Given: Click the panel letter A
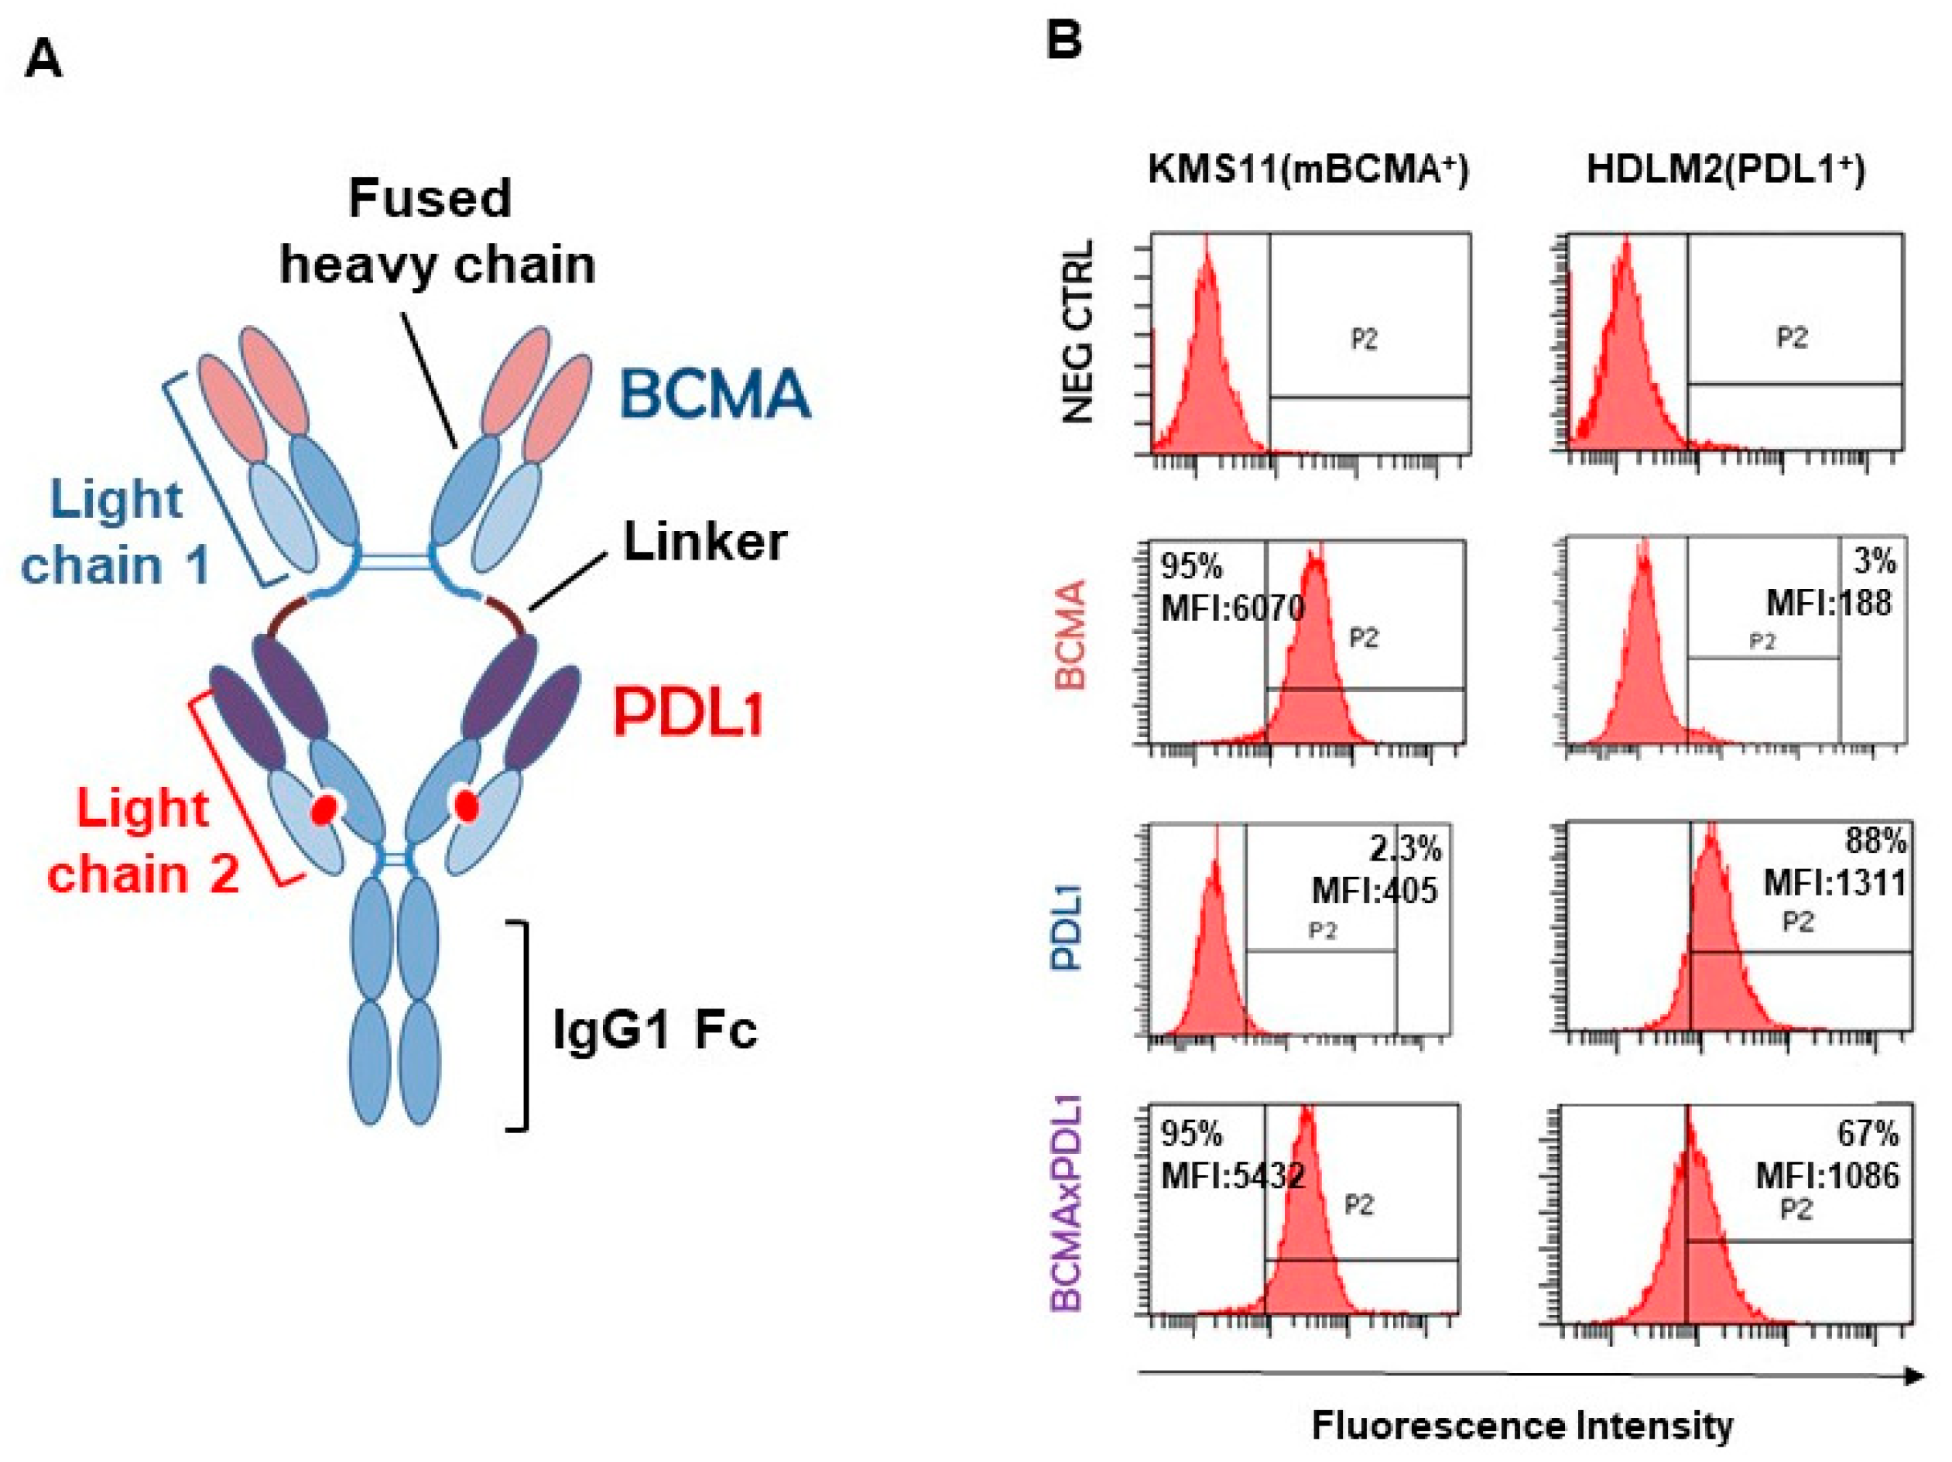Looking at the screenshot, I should (x=43, y=61).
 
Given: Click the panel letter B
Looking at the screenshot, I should (x=1063, y=39).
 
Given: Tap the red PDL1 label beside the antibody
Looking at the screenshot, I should (x=688, y=713).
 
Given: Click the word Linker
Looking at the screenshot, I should (x=704, y=541).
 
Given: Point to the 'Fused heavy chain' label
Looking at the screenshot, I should (x=437, y=231).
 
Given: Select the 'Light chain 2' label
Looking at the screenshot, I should (x=143, y=841).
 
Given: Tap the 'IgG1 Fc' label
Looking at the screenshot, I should (x=655, y=1029).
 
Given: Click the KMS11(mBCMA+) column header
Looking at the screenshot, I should (x=1308, y=169).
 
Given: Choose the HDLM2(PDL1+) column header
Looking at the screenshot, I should (x=1725, y=169).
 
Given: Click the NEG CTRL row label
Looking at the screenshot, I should (x=1078, y=331).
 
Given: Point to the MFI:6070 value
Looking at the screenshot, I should (x=1233, y=607).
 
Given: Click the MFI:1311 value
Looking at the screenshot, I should (x=1834, y=882).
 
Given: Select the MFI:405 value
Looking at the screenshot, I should (x=1375, y=890).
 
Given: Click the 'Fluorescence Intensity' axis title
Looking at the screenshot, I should (x=1522, y=1426).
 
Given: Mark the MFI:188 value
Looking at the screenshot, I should (x=1828, y=604).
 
